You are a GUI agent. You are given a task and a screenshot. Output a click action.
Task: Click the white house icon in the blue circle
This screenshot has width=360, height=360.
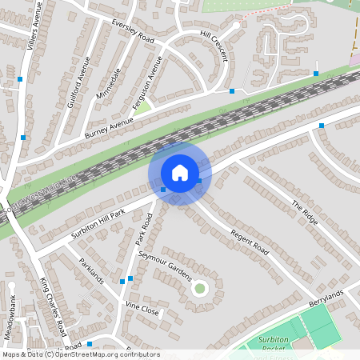(180, 173)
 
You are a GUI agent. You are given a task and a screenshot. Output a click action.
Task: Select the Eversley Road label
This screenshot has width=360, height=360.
(134, 30)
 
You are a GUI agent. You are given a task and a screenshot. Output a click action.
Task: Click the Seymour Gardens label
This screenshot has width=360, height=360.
(165, 265)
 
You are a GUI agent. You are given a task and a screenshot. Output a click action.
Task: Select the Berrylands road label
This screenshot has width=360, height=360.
(326, 298)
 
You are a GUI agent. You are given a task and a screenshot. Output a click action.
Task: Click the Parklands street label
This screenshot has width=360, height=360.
(91, 271)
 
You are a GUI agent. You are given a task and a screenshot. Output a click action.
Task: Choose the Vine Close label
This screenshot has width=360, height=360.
(142, 309)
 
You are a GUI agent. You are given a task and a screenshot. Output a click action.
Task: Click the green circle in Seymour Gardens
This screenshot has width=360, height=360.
(200, 288)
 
